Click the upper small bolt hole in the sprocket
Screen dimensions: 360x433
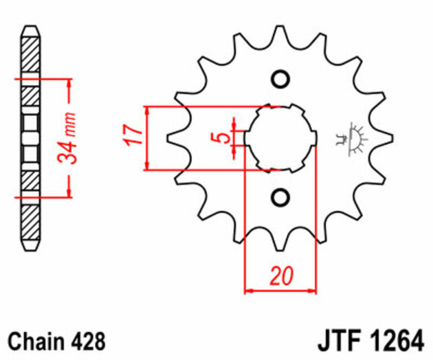(x=280, y=78)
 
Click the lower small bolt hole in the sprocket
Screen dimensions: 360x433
(x=280, y=199)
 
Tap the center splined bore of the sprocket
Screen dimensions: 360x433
(x=280, y=137)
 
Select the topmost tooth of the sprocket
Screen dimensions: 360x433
(x=280, y=38)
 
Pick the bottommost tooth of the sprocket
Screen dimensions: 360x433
(x=280, y=240)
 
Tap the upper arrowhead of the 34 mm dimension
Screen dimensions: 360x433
(x=69, y=83)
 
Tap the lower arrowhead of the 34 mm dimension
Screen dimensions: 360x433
(x=69, y=192)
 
